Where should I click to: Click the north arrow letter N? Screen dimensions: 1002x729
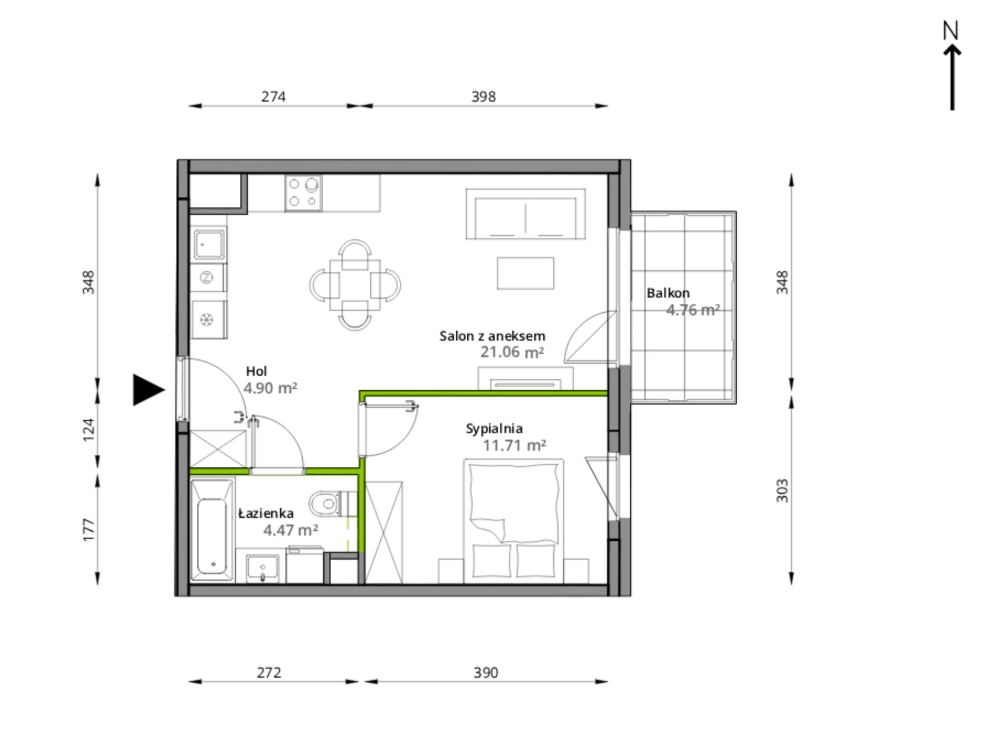950,31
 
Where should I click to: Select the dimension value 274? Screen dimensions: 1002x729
273,97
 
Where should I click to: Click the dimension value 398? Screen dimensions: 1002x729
483,97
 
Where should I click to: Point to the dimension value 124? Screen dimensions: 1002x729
89,430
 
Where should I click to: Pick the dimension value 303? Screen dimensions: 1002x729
782,491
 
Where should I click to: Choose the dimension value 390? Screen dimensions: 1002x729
485,673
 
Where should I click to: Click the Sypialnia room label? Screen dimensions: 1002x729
494,429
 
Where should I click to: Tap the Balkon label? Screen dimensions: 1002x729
668,293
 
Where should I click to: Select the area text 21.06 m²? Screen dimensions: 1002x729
512,352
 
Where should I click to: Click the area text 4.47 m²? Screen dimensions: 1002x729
291,530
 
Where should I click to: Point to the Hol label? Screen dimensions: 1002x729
256,371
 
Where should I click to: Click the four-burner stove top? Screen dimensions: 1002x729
303,193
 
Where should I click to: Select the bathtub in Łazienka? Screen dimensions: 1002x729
213,530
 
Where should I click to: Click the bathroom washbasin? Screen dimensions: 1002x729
263,569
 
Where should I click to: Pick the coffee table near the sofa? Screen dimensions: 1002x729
525,273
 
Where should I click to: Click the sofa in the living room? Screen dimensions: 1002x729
525,214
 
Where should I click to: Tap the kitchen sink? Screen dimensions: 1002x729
208,245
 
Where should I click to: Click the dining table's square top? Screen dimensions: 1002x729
354,284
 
